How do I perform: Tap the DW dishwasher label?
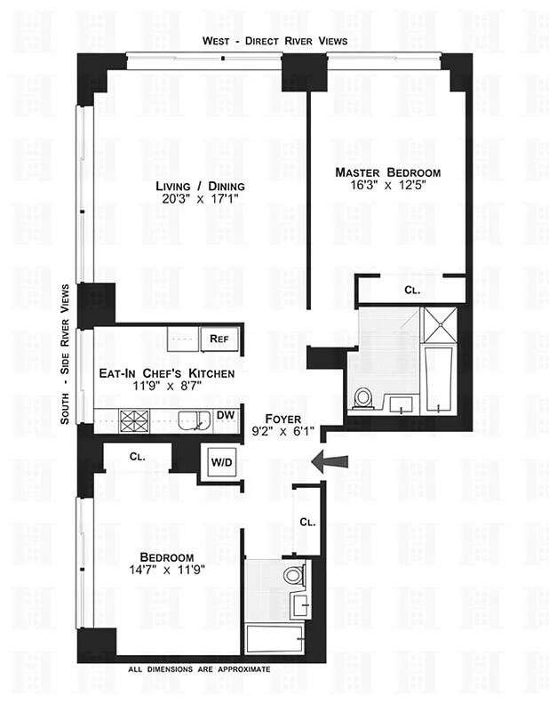tap(226, 414)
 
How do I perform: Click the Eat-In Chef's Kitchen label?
tap(168, 374)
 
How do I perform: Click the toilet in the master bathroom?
tap(362, 397)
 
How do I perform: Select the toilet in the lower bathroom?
tap(294, 576)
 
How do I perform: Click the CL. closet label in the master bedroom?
tap(412, 290)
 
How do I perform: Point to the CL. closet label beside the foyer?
tap(306, 522)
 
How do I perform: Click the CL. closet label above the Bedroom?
tap(137, 456)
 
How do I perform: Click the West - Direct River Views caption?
tap(274, 41)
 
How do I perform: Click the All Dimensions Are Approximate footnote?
tap(199, 667)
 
